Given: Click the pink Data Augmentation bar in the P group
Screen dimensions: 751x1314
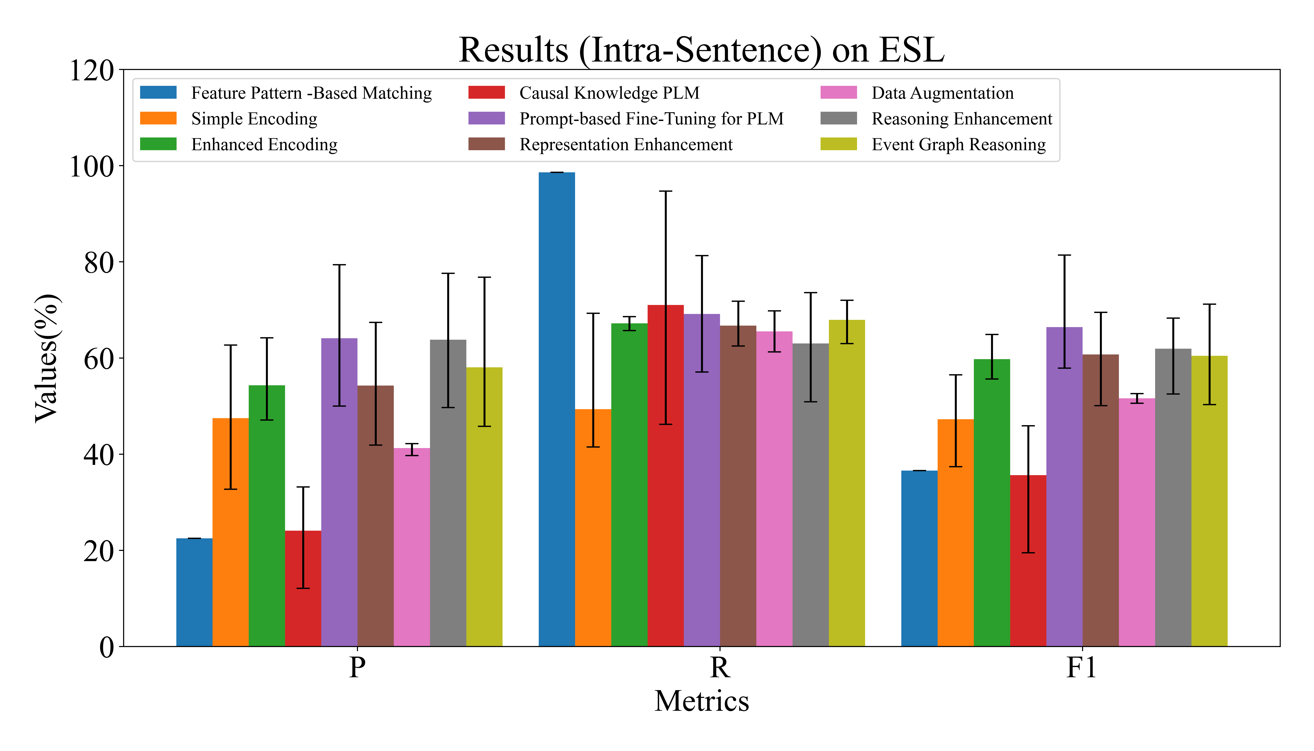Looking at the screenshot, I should [x=411, y=547].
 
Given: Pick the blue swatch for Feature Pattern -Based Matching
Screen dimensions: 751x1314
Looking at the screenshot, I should [x=158, y=93].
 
